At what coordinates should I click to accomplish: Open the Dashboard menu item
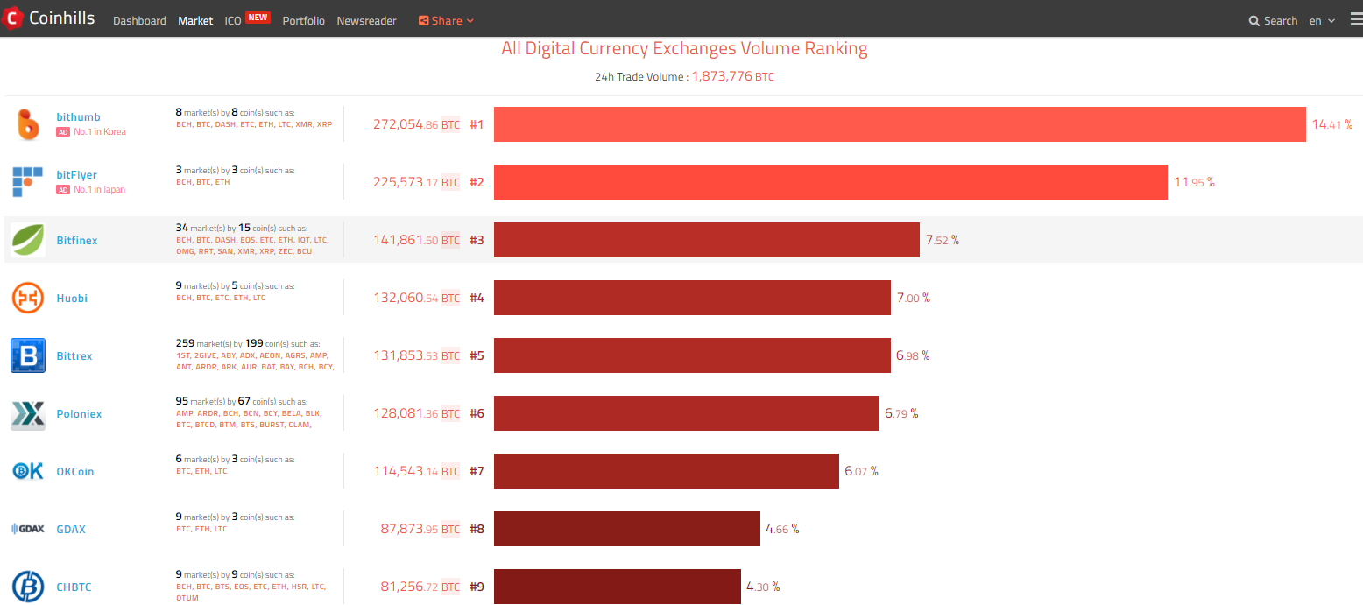pyautogui.click(x=139, y=20)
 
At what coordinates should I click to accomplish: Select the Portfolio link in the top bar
pyautogui.click(x=303, y=20)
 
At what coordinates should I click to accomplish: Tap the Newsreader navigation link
pyautogui.click(x=366, y=20)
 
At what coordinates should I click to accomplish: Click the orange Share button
pyautogui.click(x=446, y=20)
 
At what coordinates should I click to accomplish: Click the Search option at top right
pyautogui.click(x=1273, y=20)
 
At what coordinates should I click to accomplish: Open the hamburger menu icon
pyautogui.click(x=1356, y=19)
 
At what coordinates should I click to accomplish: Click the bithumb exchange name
pyautogui.click(x=78, y=117)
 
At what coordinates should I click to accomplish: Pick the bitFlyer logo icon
pyautogui.click(x=27, y=181)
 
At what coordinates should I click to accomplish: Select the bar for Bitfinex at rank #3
pyautogui.click(x=706, y=240)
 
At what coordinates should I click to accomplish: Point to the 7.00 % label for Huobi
pyautogui.click(x=914, y=298)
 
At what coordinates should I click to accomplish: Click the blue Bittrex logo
pyautogui.click(x=27, y=355)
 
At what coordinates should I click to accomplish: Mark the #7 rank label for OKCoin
pyautogui.click(x=477, y=471)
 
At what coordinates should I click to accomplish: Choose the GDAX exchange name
pyautogui.click(x=71, y=529)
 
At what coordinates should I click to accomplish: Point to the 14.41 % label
pyautogui.click(x=1331, y=124)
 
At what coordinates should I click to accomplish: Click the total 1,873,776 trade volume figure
pyautogui.click(x=722, y=76)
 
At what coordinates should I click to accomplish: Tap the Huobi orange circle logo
pyautogui.click(x=27, y=298)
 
